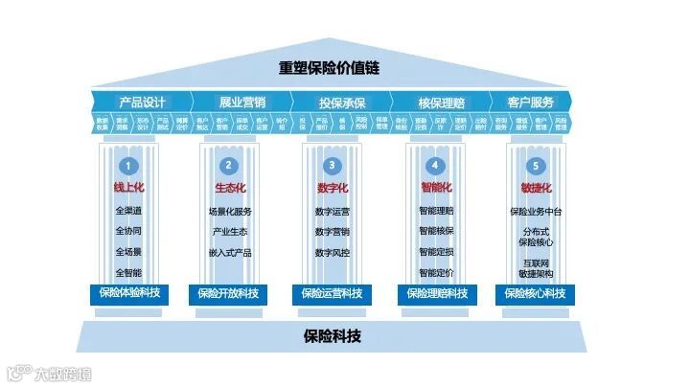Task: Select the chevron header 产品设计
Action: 143,101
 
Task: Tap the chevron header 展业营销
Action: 242,101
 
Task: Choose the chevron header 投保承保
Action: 342,101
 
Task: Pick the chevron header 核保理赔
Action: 442,101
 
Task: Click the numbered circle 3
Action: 332,165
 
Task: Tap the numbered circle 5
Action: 537,165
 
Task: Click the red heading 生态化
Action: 230,188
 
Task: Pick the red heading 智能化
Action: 435,188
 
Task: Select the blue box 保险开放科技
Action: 230,293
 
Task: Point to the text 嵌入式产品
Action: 230,252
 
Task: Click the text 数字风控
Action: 332,252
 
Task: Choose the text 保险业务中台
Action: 537,211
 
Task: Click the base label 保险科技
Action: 332,336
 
